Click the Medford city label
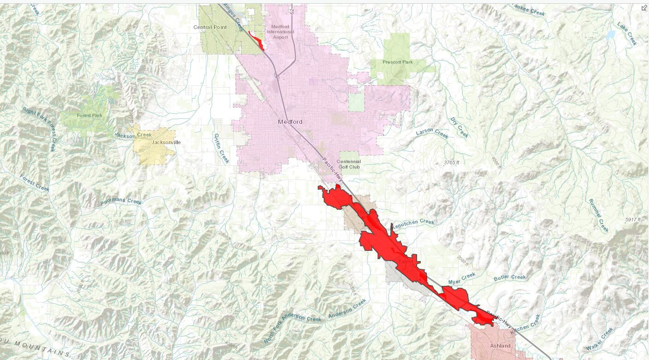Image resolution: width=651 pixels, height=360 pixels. (x=290, y=122)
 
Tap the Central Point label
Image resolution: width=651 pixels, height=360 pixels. (x=210, y=27)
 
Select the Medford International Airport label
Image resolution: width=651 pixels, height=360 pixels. (x=280, y=32)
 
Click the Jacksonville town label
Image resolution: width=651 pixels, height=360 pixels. (x=166, y=142)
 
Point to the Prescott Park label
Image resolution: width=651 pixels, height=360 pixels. (x=397, y=62)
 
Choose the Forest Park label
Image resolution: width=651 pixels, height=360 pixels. (x=90, y=116)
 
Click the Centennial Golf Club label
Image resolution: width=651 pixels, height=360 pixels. (x=349, y=164)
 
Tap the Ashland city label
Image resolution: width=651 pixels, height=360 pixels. (x=500, y=346)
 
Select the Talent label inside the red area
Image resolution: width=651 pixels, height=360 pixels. (x=406, y=261)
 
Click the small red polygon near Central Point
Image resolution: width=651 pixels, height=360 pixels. (x=257, y=40)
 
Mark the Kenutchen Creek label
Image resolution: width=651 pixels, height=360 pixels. (x=413, y=222)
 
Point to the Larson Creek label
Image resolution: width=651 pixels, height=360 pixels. (x=432, y=134)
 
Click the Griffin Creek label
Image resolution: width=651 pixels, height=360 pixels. (x=221, y=148)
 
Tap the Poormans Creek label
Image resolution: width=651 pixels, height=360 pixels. (x=121, y=202)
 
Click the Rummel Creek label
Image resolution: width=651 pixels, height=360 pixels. (x=599, y=215)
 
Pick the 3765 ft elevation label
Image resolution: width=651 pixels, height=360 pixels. (x=451, y=163)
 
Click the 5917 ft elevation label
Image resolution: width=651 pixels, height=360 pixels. (x=633, y=220)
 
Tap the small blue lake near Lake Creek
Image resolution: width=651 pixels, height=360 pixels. (x=610, y=35)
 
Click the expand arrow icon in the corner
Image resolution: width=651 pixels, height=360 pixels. (x=644, y=8)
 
